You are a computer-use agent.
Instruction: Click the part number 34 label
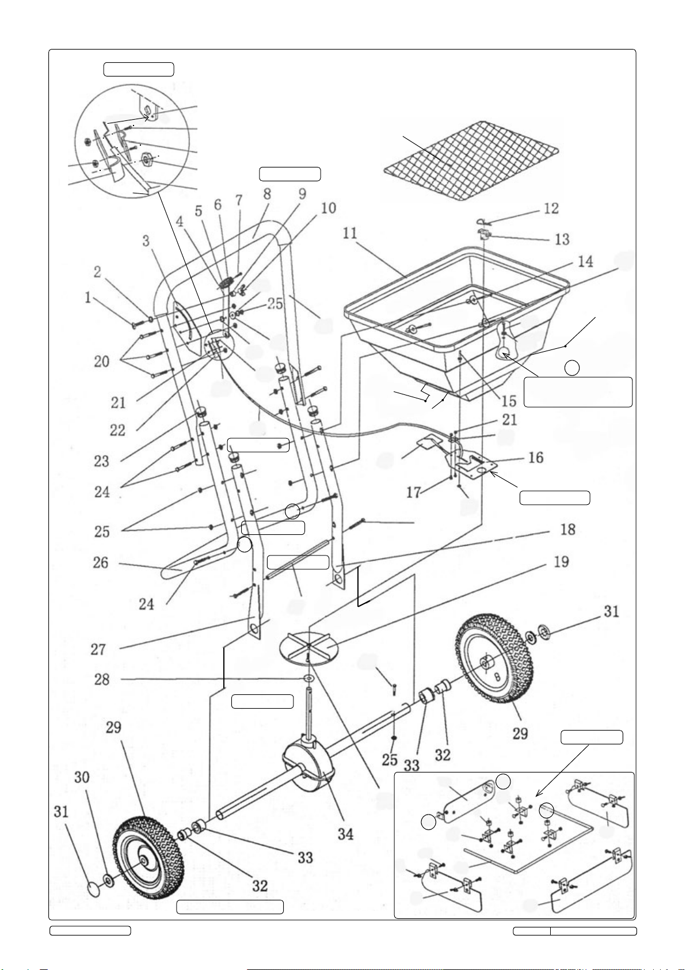point(345,834)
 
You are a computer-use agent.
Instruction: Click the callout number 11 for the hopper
point(350,233)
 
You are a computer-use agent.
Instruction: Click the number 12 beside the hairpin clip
point(551,208)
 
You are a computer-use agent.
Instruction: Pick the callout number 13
point(562,239)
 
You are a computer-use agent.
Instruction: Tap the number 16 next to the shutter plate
point(536,457)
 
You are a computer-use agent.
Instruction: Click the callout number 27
point(98,649)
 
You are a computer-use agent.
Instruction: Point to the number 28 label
point(102,679)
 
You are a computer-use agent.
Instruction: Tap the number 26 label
point(100,562)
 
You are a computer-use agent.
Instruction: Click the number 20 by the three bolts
point(102,361)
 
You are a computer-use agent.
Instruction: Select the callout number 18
point(568,529)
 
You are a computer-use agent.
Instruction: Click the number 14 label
point(585,261)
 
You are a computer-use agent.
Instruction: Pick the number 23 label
point(102,461)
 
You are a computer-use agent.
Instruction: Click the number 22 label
point(117,430)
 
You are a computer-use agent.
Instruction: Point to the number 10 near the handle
point(329,208)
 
